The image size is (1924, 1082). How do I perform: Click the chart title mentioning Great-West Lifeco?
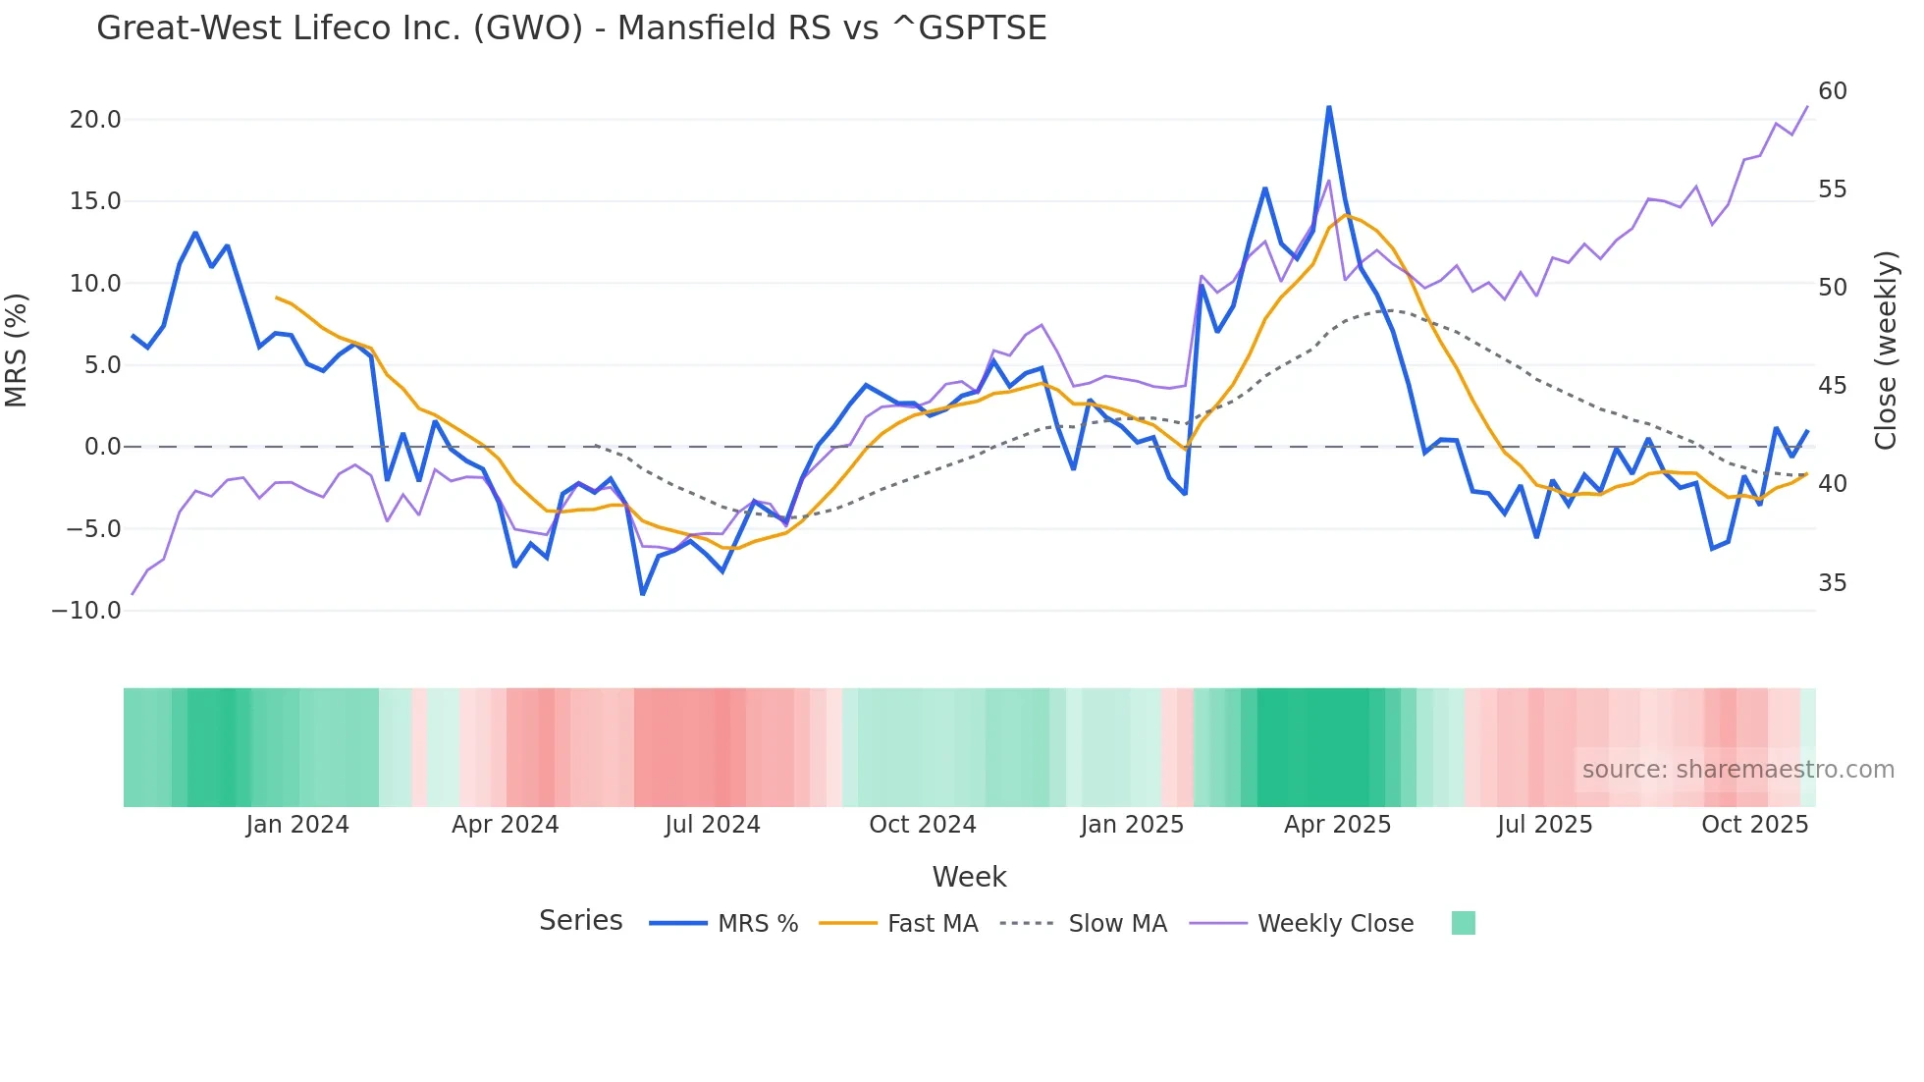pos(571,27)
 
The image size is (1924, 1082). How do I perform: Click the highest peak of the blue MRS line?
pos(1329,107)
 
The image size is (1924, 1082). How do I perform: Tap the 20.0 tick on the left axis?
pos(94,120)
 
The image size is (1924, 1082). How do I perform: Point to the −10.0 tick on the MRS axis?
pos(86,611)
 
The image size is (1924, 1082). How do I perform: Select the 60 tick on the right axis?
pos(1832,91)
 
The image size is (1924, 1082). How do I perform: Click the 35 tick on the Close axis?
pos(1832,583)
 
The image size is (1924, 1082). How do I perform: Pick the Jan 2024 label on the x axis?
pos(297,825)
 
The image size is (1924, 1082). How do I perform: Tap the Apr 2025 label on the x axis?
pos(1337,825)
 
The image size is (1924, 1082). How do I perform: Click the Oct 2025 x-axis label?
pos(1754,825)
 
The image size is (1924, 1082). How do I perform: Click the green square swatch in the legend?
pos(1463,923)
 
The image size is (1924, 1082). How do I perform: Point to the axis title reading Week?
pos(969,877)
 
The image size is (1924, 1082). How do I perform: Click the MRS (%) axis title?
pos(17,351)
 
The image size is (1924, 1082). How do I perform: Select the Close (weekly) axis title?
pos(1886,351)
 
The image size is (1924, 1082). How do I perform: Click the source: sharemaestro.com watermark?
pos(1737,770)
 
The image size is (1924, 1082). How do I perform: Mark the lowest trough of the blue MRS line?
pos(643,594)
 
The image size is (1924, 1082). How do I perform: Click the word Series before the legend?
pos(580,921)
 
